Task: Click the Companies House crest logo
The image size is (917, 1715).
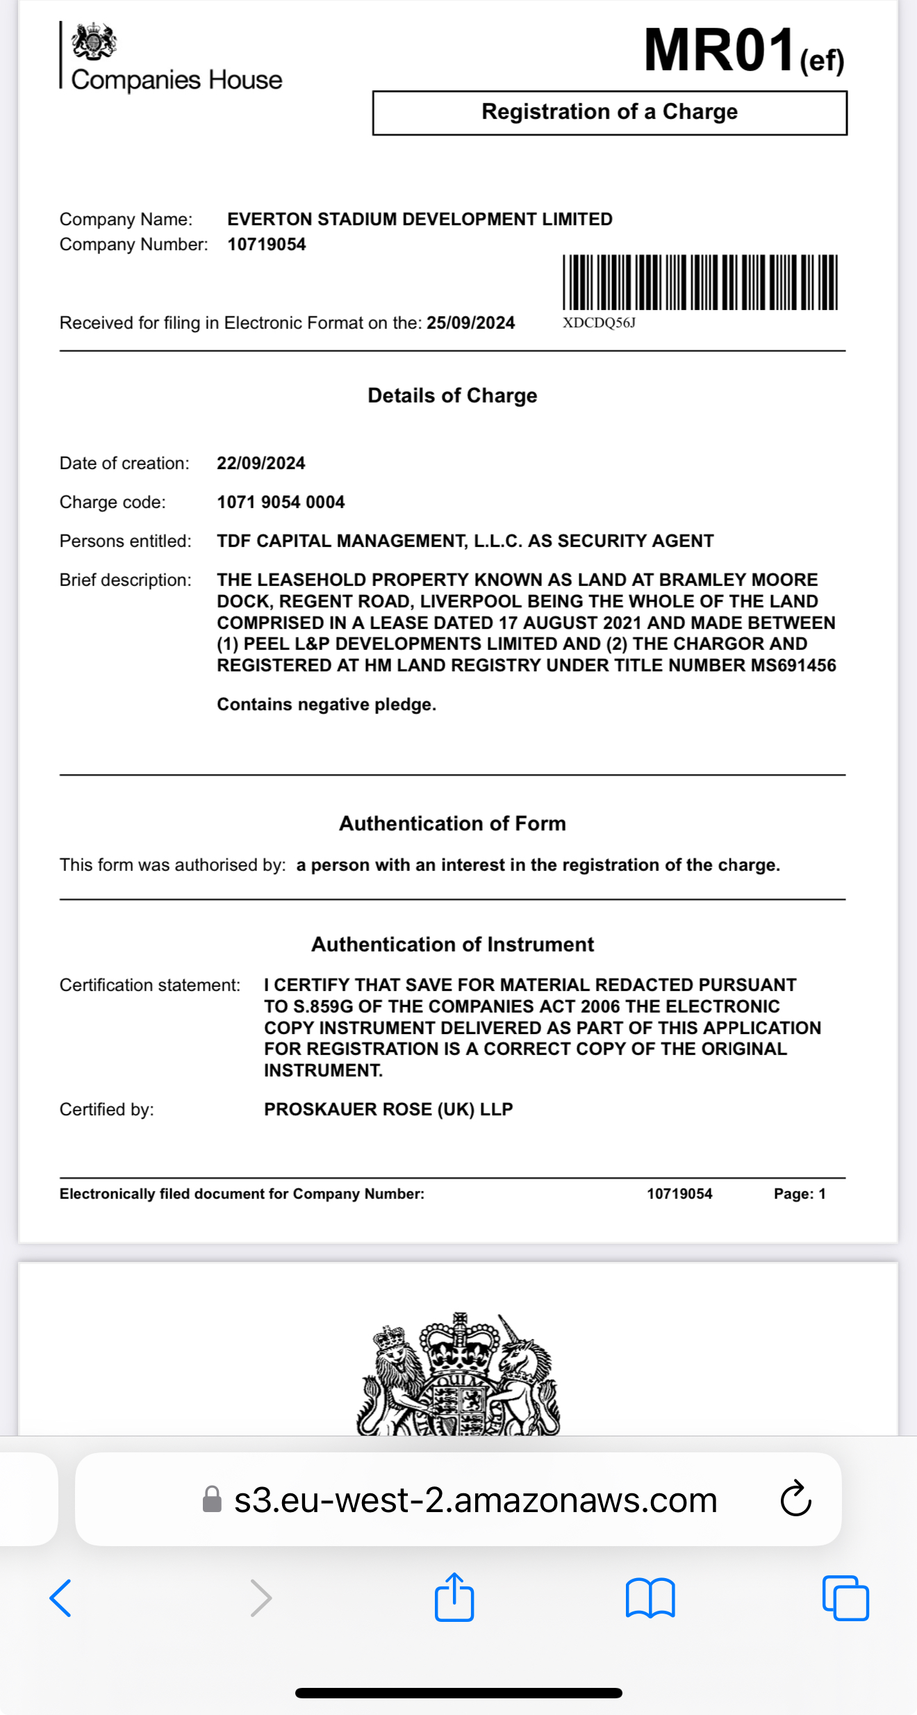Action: pyautogui.click(x=94, y=42)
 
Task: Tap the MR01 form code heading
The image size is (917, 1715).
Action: pyautogui.click(x=719, y=50)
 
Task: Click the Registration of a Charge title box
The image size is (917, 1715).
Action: pyautogui.click(x=609, y=113)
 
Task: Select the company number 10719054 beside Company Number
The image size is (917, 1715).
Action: pyautogui.click(x=267, y=245)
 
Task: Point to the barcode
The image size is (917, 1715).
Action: pyautogui.click(x=700, y=281)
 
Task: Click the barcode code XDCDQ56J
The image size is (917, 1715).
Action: pyautogui.click(x=599, y=323)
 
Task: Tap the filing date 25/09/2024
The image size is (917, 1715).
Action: pyautogui.click(x=470, y=323)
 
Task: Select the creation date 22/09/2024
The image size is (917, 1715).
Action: pyautogui.click(x=261, y=463)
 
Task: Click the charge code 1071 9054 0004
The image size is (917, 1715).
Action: pyautogui.click(x=281, y=502)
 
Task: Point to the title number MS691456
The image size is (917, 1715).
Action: pyautogui.click(x=793, y=666)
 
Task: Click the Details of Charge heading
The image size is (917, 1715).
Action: pyautogui.click(x=452, y=395)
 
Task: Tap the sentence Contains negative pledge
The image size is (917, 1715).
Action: pyautogui.click(x=327, y=705)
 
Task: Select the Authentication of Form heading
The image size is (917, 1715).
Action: pyautogui.click(x=452, y=823)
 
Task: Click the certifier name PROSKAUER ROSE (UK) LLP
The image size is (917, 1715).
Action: pyautogui.click(x=388, y=1109)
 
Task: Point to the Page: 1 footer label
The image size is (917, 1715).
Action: pyautogui.click(x=800, y=1194)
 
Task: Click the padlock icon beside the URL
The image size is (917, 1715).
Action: pyautogui.click(x=212, y=1500)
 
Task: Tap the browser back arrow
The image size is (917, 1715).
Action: pyautogui.click(x=60, y=1598)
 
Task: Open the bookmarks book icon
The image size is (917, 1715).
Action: pyautogui.click(x=650, y=1598)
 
